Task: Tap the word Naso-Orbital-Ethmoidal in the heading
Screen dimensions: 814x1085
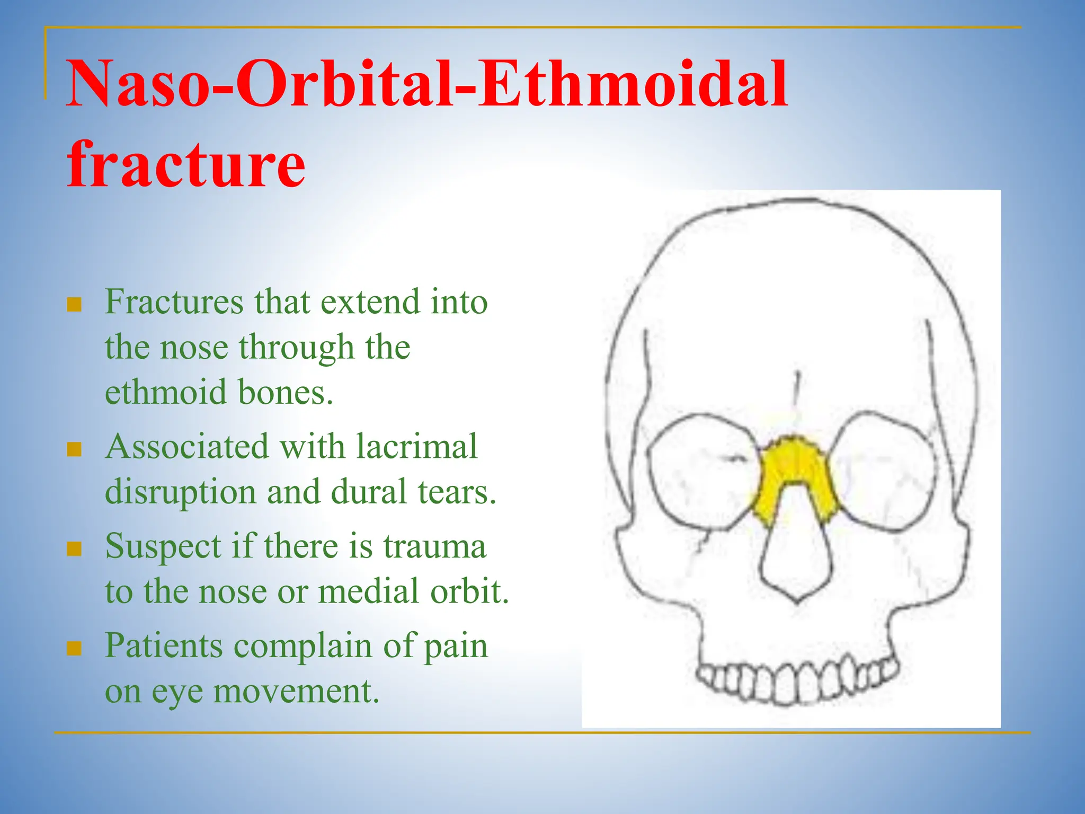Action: click(427, 85)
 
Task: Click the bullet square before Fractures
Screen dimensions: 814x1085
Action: click(74, 305)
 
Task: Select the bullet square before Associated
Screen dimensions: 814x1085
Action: click(74, 449)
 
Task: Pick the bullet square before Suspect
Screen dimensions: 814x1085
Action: click(74, 548)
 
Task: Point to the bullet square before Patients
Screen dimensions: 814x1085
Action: click(74, 648)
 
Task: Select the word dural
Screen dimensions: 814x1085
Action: click(369, 492)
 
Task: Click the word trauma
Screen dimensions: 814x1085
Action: click(434, 546)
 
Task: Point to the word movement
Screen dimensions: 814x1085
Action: click(297, 691)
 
